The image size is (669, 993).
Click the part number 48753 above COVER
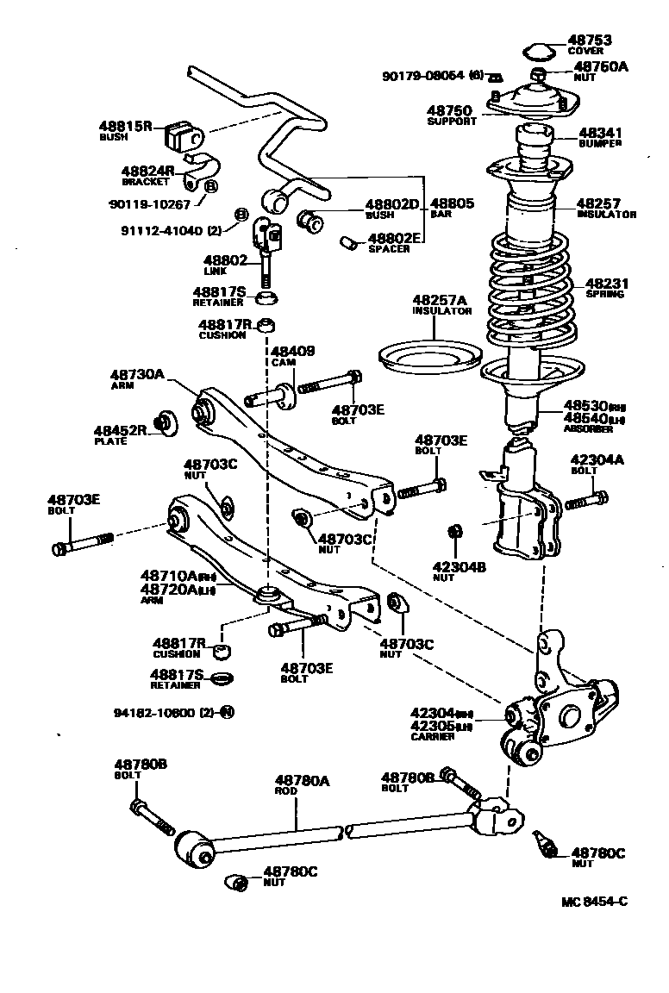coord(589,40)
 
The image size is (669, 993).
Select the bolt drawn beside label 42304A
coord(589,498)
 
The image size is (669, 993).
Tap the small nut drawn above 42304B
coord(458,531)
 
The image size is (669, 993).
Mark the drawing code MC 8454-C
coord(594,902)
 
